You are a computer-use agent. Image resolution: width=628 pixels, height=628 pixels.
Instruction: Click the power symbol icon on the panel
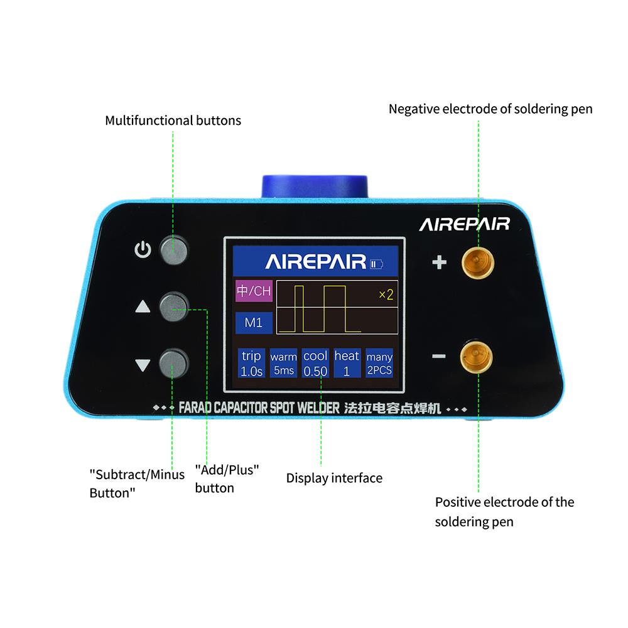(143, 250)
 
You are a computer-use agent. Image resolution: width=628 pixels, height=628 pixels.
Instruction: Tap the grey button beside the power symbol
(174, 251)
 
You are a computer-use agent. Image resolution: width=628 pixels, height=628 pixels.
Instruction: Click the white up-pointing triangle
(143, 307)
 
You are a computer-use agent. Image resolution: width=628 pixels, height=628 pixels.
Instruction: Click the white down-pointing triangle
(143, 365)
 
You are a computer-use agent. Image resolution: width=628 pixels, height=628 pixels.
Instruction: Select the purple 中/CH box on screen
(254, 291)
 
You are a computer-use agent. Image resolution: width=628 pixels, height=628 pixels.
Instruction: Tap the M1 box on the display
(254, 323)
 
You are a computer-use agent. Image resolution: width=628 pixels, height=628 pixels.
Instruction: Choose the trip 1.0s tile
(252, 363)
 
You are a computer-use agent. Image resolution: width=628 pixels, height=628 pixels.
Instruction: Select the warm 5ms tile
(284, 363)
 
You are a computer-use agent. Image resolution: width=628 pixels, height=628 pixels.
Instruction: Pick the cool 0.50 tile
(316, 363)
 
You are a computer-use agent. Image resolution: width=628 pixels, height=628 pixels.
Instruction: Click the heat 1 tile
(347, 363)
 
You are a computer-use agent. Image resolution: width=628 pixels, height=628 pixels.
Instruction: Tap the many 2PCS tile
(379, 363)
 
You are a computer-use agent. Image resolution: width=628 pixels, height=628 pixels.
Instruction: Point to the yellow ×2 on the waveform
(386, 295)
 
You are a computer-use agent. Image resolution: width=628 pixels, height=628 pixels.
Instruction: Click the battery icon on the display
(376, 264)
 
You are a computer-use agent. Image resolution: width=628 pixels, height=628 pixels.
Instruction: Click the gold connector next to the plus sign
(478, 263)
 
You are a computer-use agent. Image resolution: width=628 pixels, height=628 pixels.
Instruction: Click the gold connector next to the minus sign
(476, 357)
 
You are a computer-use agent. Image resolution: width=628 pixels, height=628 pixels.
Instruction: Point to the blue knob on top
(315, 187)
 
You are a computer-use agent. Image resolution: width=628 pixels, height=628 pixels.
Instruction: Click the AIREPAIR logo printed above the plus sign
(465, 224)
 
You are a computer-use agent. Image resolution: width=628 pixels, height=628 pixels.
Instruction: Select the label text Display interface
(335, 478)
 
